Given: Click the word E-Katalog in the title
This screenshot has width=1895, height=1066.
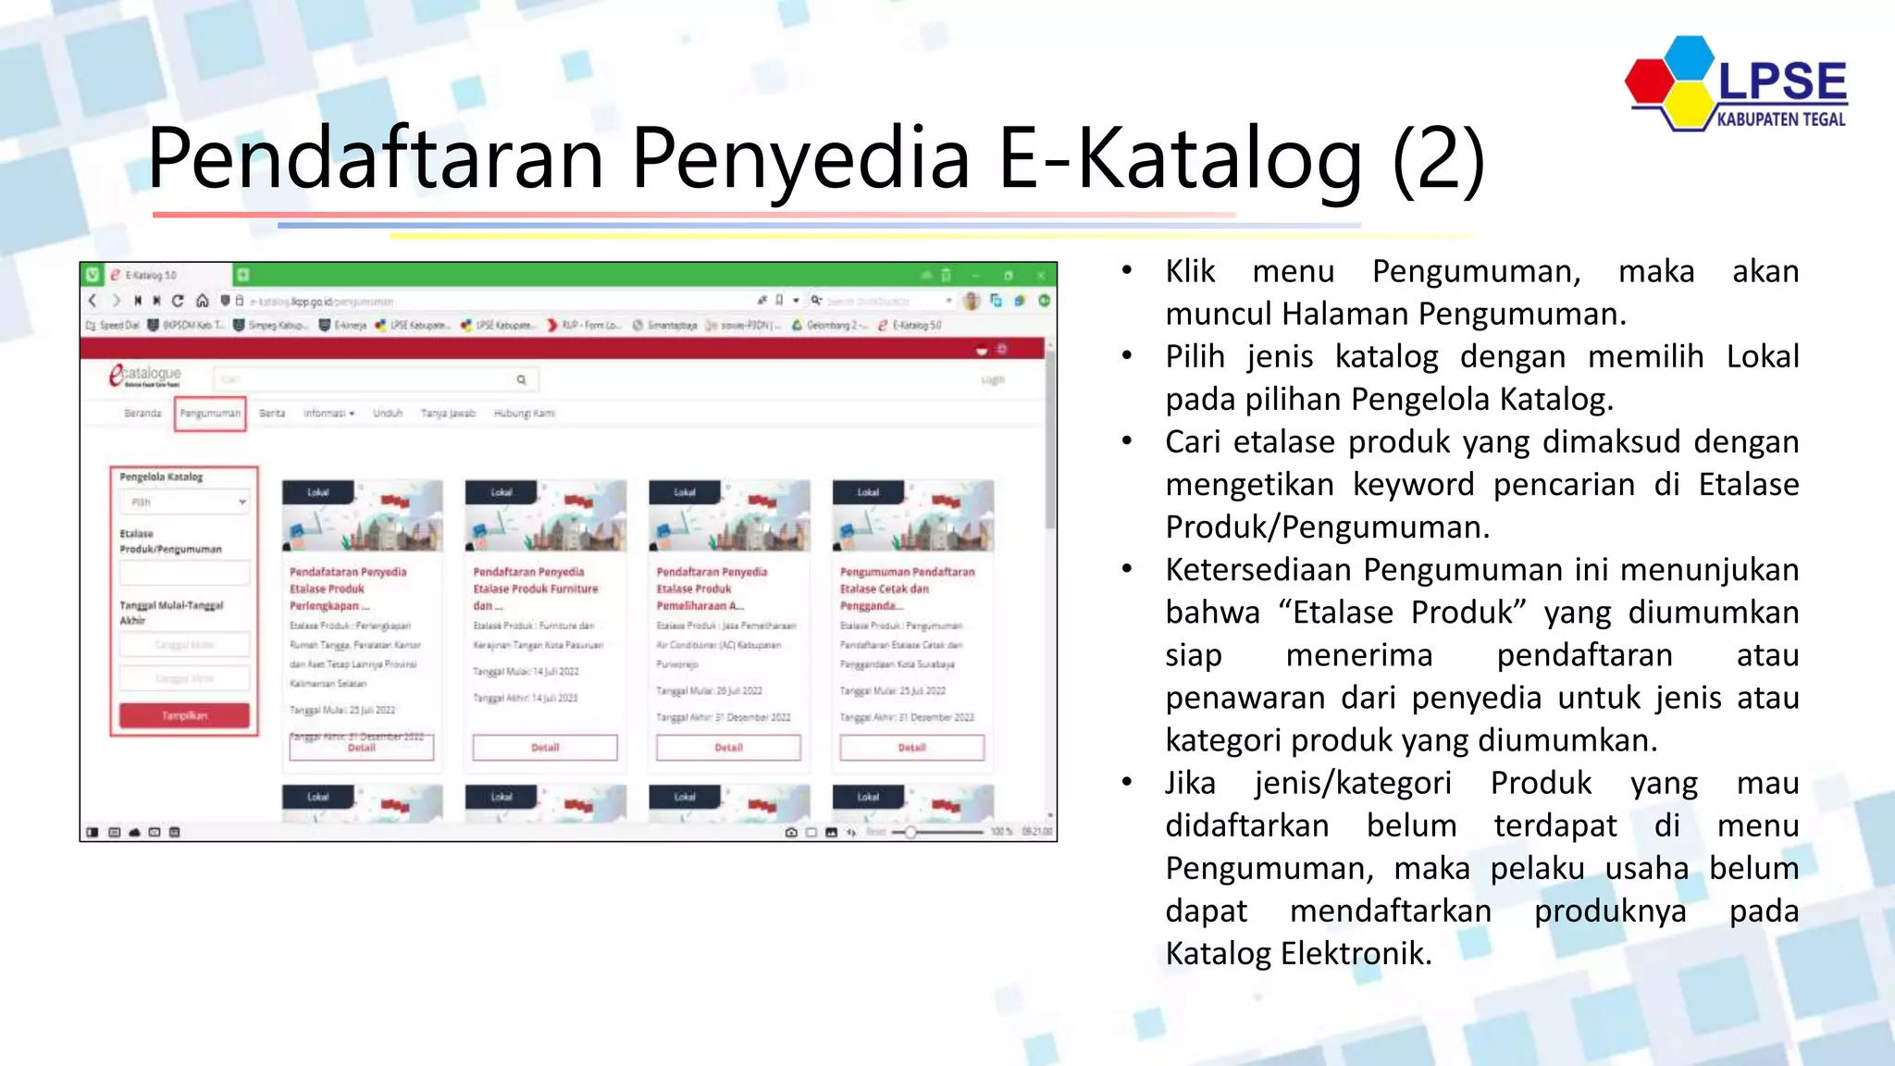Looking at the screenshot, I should point(1180,159).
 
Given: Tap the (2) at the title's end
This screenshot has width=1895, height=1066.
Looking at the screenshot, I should point(1439,159).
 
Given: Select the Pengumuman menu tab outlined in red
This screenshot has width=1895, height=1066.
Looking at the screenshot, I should point(210,414).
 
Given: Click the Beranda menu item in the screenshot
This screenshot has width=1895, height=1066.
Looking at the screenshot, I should point(142,414).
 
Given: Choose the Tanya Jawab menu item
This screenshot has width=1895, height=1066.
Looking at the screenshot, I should point(448,414).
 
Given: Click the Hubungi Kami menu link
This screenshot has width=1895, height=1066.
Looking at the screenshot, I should point(524,414).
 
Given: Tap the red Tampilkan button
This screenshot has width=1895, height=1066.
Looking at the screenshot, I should point(184,715).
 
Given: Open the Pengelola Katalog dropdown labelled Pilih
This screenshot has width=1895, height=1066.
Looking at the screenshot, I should point(185,502).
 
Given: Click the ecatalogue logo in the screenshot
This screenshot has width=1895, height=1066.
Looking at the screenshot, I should point(145,376).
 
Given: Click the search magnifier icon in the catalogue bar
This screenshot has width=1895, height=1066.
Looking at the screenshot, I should point(521,379).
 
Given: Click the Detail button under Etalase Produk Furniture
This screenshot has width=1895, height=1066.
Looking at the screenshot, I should point(545,747).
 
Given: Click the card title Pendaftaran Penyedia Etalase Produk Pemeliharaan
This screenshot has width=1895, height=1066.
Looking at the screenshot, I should point(712,589).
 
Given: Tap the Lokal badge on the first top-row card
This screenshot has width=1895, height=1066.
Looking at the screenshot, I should point(318,492).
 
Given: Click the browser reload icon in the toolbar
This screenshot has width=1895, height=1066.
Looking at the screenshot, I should point(178,301).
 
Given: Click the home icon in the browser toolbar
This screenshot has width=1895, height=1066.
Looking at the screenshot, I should point(202,301).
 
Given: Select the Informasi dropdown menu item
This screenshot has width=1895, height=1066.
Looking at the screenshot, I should point(328,414).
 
